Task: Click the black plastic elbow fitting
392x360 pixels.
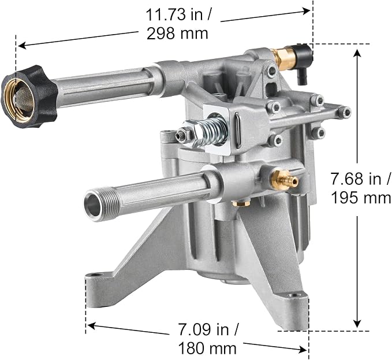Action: click(303, 58)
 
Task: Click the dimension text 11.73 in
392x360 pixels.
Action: click(178, 14)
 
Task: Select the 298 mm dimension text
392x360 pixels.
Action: click(177, 34)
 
